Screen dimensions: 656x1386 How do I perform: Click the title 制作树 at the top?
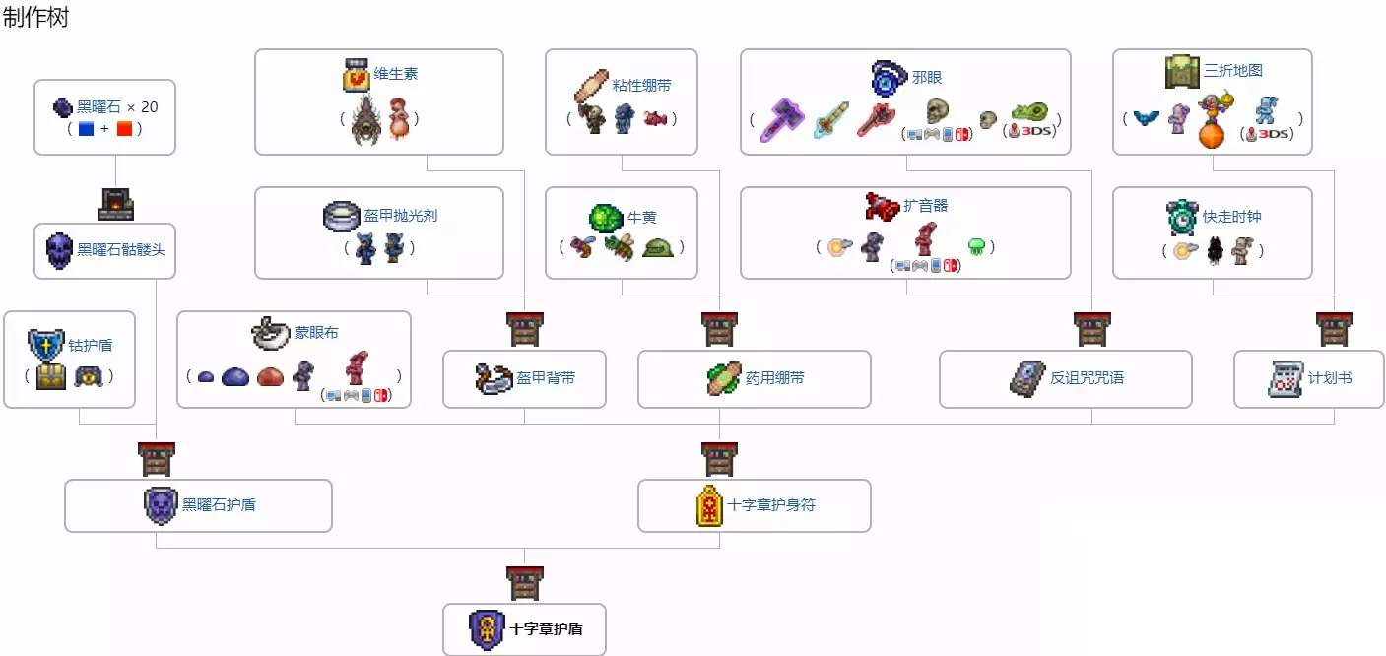(x=35, y=17)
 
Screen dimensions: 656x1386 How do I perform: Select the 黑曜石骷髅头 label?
(x=121, y=249)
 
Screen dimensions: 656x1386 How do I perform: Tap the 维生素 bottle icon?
(x=356, y=75)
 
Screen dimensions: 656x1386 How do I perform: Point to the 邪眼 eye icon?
(x=889, y=78)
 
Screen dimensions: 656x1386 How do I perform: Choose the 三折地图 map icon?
(x=1182, y=72)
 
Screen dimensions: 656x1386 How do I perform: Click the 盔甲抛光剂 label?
(x=401, y=216)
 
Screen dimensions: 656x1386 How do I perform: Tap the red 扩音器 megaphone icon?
(x=882, y=206)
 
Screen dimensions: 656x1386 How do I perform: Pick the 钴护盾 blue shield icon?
(x=43, y=346)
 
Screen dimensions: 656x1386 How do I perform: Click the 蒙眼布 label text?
(x=316, y=333)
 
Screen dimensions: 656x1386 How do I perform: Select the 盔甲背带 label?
(x=546, y=378)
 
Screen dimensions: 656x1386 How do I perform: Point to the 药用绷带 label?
(x=774, y=378)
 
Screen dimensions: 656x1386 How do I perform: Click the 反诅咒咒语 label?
(x=1087, y=378)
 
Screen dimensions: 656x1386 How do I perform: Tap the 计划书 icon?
(x=1286, y=379)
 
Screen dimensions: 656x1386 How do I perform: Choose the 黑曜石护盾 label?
(x=219, y=505)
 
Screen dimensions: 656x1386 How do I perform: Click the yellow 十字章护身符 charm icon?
(x=709, y=505)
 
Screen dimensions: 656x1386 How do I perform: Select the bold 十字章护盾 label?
(x=546, y=629)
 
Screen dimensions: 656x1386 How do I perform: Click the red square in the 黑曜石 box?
(x=124, y=129)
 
